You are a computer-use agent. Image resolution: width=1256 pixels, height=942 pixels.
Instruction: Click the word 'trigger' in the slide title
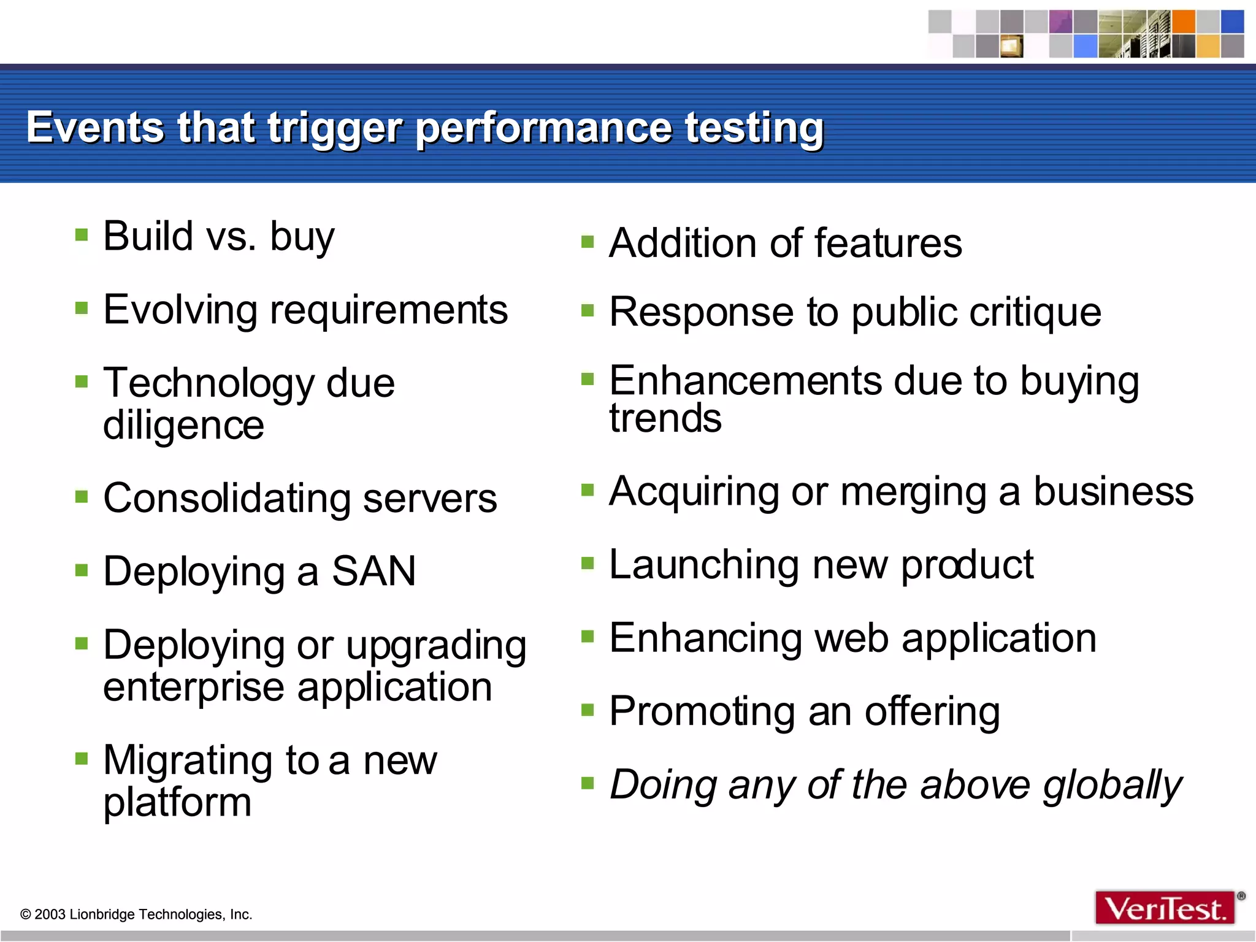point(334,129)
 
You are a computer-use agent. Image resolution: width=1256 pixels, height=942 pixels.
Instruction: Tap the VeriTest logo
point(1164,908)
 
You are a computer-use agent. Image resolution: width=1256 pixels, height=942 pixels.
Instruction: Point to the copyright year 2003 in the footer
point(50,914)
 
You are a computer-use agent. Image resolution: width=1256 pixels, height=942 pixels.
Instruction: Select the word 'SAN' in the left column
point(373,571)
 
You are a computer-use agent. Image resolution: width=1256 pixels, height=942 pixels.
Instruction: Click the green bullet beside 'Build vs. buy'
point(82,235)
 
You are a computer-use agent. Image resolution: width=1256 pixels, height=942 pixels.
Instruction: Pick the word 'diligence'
point(183,425)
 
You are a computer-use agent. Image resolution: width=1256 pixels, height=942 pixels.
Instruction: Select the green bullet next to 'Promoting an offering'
point(588,710)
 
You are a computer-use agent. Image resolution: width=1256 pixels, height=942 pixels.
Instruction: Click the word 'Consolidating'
point(226,498)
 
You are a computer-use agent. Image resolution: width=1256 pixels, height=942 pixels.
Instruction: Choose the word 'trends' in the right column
point(665,418)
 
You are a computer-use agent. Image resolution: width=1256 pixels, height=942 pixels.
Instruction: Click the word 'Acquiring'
point(693,492)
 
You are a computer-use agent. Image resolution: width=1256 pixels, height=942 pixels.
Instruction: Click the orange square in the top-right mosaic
point(1184,21)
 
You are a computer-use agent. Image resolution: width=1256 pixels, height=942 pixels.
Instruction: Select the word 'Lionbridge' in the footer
point(104,914)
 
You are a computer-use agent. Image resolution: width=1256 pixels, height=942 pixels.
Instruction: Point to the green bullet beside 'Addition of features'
point(588,242)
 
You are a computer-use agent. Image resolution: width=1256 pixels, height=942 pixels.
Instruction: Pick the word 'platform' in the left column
point(177,802)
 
